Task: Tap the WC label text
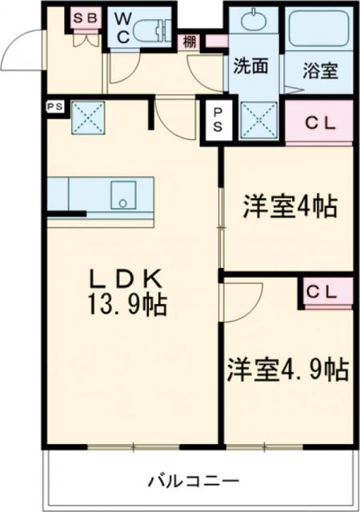[124, 26]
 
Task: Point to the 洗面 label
[250, 67]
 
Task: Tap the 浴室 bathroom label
[319, 70]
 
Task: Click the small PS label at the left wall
[55, 104]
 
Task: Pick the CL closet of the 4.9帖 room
[326, 291]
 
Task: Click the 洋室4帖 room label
[289, 207]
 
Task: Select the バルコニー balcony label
[192, 481]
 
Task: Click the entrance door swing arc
[18, 52]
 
